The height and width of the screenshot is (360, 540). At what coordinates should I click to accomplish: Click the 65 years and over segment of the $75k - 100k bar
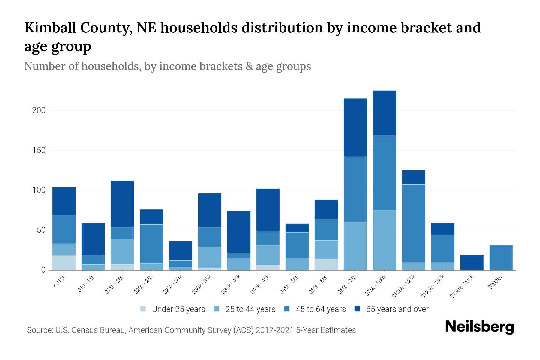384,113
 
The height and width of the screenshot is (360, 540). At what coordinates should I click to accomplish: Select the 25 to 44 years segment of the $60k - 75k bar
355,246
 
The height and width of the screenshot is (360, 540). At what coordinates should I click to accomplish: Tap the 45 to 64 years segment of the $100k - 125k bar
413,223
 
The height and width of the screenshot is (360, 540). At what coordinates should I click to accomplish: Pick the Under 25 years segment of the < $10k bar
64,263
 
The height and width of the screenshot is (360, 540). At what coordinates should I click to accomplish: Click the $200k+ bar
501,258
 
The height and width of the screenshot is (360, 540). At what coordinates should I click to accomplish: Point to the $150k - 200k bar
472,262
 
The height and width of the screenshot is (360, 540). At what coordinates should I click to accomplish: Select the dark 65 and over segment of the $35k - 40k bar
239,232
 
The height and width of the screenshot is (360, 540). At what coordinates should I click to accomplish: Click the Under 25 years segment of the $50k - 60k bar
326,264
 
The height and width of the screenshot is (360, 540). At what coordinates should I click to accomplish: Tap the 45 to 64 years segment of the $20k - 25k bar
151,244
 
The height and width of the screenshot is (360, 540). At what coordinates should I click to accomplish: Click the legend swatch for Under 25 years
143,309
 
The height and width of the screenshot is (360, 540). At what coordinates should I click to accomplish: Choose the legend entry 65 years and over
397,309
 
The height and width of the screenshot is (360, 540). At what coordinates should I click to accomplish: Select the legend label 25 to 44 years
250,309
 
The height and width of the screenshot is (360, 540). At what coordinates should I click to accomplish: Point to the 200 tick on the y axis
39,110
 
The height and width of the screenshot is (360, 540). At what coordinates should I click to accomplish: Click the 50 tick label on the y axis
41,230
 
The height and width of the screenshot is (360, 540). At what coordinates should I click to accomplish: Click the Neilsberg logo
479,327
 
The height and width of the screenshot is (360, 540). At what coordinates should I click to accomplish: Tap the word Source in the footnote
39,330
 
